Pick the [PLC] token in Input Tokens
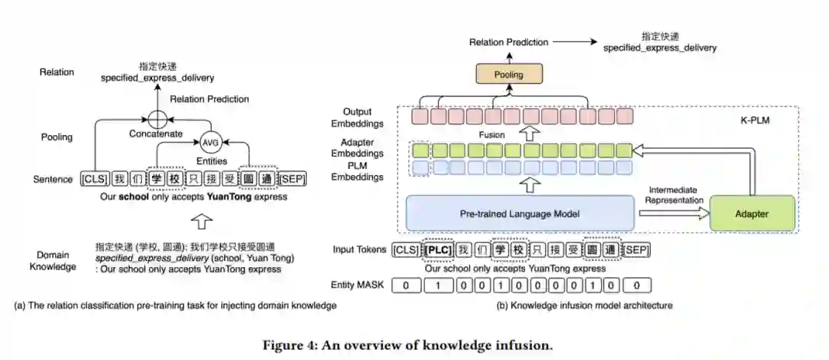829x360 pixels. pyautogui.click(x=438, y=249)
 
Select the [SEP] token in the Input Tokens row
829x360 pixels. pyautogui.click(x=636, y=249)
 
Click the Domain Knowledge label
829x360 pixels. pyautogui.click(x=58, y=260)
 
